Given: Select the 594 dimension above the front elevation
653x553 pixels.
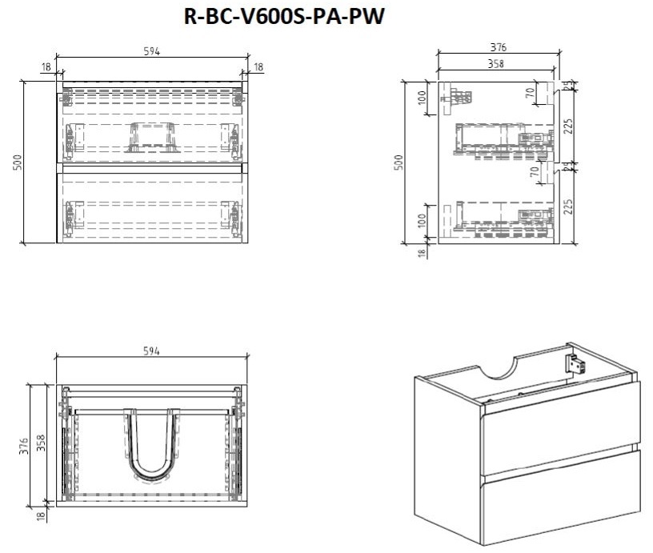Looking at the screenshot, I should [152, 52].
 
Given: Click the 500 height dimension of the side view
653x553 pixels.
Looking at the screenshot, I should [400, 162].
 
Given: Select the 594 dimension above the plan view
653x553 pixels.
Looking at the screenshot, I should [152, 351].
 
